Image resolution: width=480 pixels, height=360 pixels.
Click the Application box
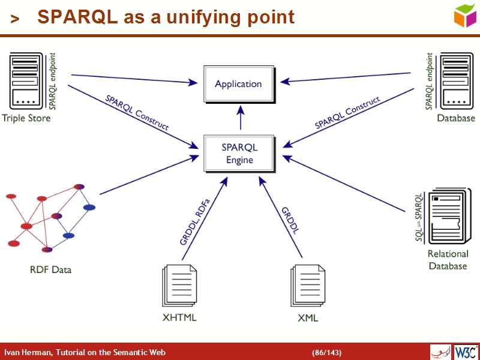tap(239, 84)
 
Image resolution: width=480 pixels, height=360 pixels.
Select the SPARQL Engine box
tap(239, 154)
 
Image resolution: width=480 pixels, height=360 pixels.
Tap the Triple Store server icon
tap(27, 80)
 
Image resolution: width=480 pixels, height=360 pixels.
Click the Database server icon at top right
tap(457, 80)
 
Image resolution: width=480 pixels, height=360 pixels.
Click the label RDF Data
tap(50, 270)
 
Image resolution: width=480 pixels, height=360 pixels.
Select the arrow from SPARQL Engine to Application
tap(241, 118)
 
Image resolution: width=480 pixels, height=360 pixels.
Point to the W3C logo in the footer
tap(466, 352)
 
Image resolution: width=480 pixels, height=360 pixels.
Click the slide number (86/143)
tap(326, 352)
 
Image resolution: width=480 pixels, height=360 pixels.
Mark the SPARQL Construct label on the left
tap(137, 112)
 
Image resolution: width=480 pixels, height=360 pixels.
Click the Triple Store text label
tap(26, 118)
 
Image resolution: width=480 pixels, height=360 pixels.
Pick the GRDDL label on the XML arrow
tap(290, 220)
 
